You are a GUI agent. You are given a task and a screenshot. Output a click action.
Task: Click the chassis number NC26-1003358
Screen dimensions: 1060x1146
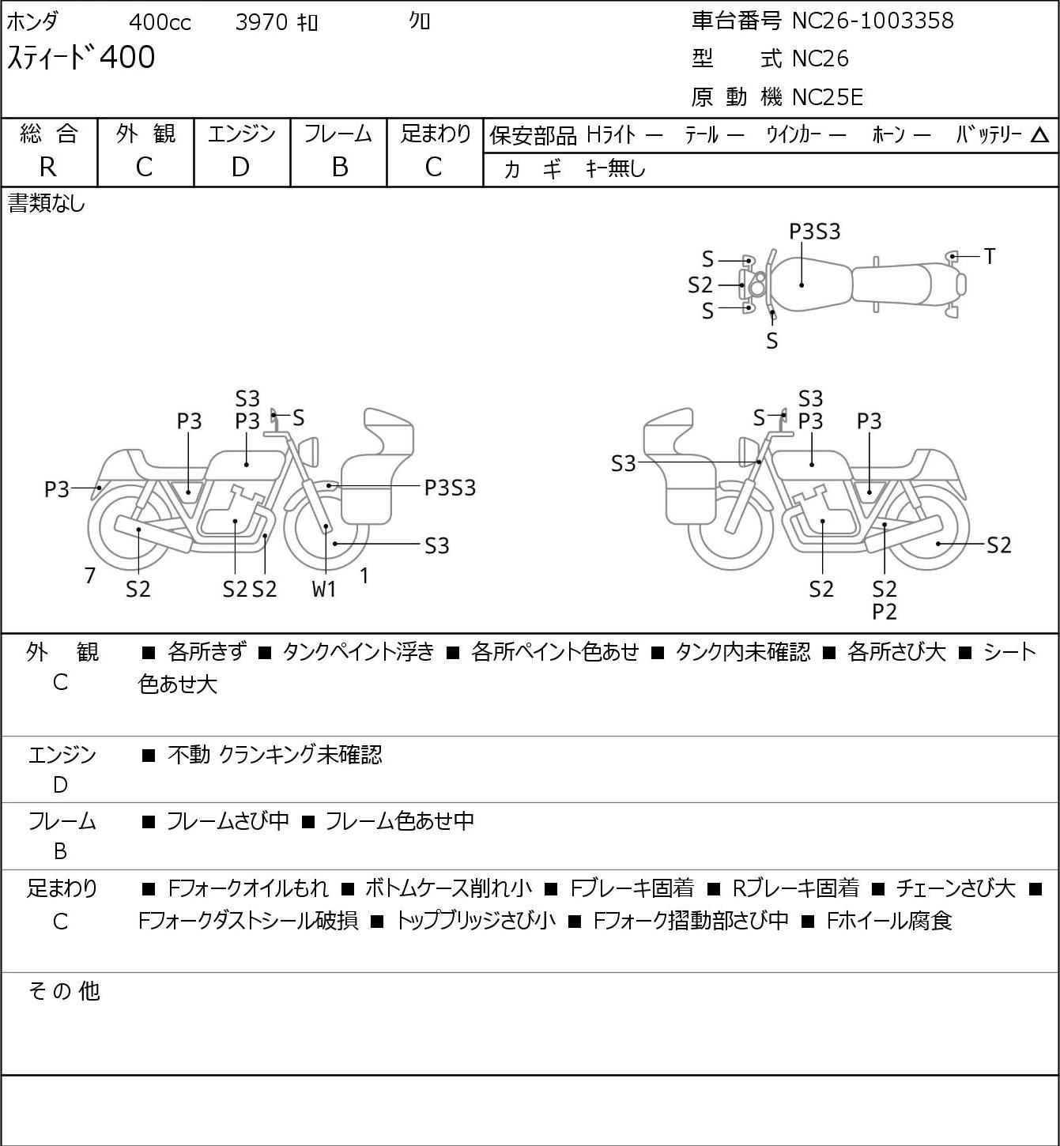tap(873, 21)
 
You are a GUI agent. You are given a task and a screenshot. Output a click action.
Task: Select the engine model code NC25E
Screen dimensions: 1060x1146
tap(828, 97)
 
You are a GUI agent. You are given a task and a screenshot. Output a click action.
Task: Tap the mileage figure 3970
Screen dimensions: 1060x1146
tap(262, 22)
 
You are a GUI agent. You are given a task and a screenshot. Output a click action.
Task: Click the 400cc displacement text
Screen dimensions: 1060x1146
tap(160, 22)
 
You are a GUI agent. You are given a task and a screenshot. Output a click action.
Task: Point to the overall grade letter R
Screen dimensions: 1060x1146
tap(48, 167)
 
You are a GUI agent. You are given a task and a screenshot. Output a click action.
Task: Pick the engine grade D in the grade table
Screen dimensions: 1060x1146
tap(240, 167)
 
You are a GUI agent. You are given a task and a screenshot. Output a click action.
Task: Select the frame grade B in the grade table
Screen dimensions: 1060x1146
tap(339, 167)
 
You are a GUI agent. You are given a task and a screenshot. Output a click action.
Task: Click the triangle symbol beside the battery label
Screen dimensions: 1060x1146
tap(1039, 136)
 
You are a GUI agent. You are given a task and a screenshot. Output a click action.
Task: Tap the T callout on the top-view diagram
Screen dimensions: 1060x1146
tap(990, 256)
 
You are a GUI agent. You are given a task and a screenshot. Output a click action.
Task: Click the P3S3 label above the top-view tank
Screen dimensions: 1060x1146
tap(815, 232)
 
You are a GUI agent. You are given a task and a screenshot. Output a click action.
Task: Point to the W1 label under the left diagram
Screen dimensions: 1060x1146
tap(324, 589)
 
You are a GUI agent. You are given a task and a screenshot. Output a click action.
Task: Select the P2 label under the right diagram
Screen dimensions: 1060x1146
tap(885, 612)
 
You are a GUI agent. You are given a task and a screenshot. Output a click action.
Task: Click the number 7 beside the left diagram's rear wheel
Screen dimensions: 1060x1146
tap(89, 575)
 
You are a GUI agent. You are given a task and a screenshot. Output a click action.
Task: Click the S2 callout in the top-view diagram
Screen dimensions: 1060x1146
tap(700, 285)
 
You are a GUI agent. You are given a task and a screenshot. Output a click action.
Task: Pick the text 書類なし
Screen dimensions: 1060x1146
tap(46, 203)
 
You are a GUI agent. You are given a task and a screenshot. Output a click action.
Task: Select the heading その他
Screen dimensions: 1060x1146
tap(64, 991)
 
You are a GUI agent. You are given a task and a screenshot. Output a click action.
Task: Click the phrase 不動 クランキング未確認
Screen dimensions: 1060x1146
tap(275, 754)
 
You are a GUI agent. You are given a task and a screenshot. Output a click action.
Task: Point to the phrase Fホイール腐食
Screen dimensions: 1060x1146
tap(889, 921)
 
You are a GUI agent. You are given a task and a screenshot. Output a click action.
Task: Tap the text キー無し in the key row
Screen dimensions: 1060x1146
tap(616, 168)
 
